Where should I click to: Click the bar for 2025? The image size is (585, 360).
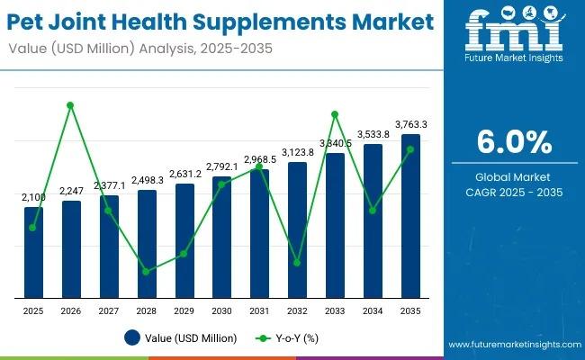[x=33, y=252]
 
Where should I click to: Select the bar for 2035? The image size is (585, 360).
[x=410, y=216]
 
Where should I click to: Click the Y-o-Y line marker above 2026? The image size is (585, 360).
[x=70, y=105]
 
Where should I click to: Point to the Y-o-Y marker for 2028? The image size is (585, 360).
[x=146, y=271]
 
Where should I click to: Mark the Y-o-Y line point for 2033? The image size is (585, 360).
[x=335, y=114]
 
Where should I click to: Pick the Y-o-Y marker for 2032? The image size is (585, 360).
[x=297, y=263]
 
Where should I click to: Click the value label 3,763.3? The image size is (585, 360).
[x=410, y=124]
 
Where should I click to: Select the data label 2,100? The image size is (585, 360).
[x=33, y=197]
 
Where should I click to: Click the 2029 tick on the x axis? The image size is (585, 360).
[x=184, y=310]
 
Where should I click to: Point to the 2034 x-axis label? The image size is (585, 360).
[x=373, y=310]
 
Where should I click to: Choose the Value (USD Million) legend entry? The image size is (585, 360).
[x=181, y=338]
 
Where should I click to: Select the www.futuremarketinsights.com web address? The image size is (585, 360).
[x=513, y=345]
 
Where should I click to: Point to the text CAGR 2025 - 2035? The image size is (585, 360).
[x=515, y=192]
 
